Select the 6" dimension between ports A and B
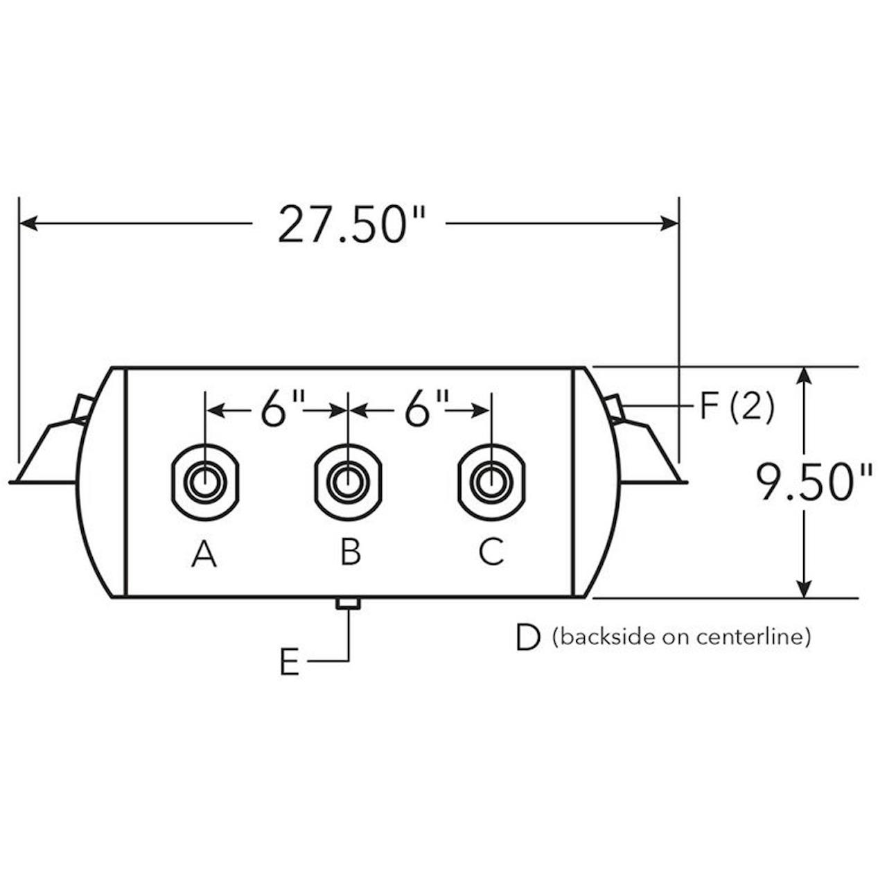[x=282, y=409]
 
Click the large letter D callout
[x=527, y=638]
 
